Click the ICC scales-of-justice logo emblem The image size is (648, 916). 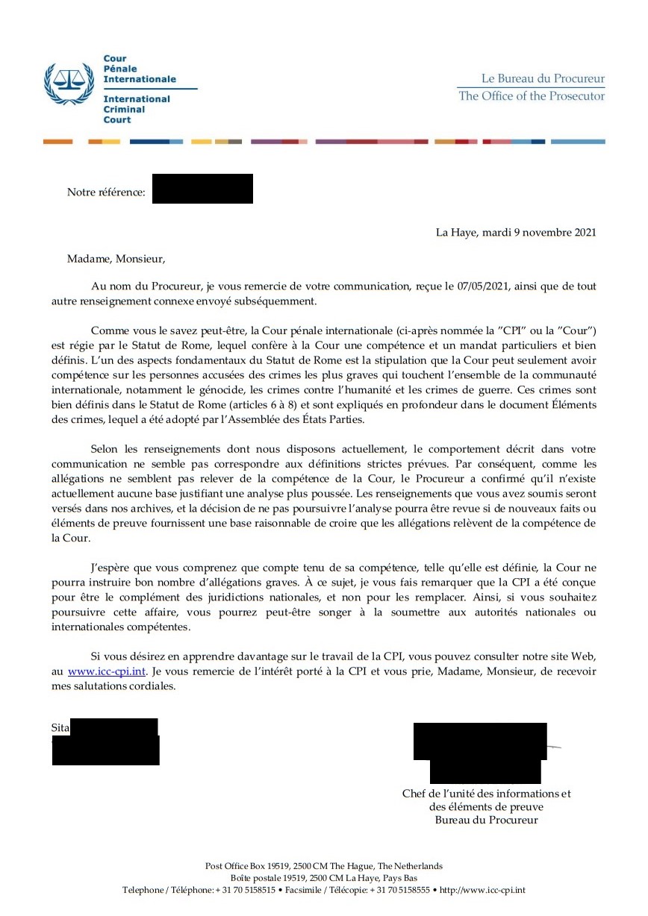pos(69,84)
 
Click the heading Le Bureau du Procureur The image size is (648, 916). pos(542,78)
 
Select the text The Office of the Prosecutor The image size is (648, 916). pos(532,95)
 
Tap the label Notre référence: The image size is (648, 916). pos(106,192)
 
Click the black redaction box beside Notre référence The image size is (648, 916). pos(202,189)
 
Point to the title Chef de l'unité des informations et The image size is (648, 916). pos(486,794)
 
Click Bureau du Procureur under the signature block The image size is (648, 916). pos(486,820)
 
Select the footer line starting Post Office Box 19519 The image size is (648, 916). pos(324,866)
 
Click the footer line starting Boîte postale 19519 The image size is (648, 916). pos(324,878)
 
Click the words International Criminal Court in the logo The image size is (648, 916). pos(136,109)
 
